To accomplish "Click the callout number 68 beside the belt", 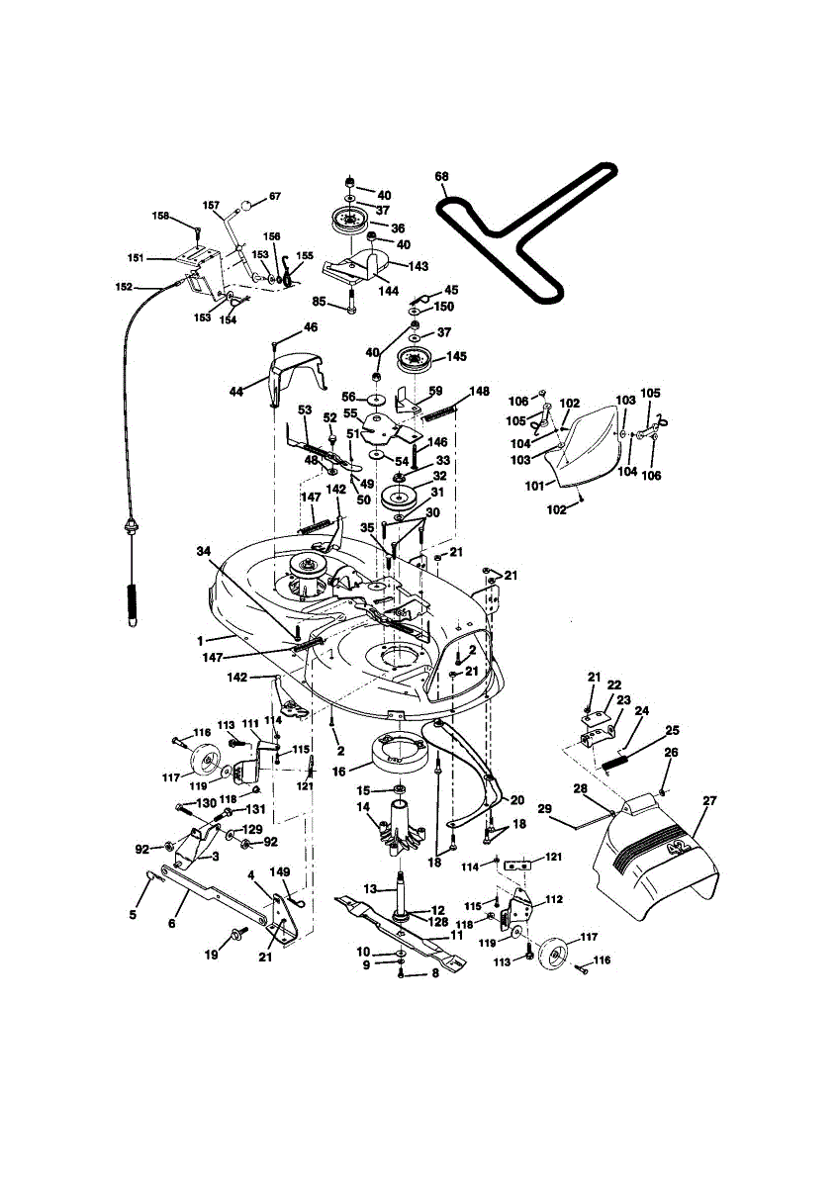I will [441, 177].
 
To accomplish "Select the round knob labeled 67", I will [242, 206].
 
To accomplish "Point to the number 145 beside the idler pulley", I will [457, 356].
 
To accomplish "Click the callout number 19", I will [211, 955].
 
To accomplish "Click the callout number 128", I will [438, 921].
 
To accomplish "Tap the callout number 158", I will [160, 217].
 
